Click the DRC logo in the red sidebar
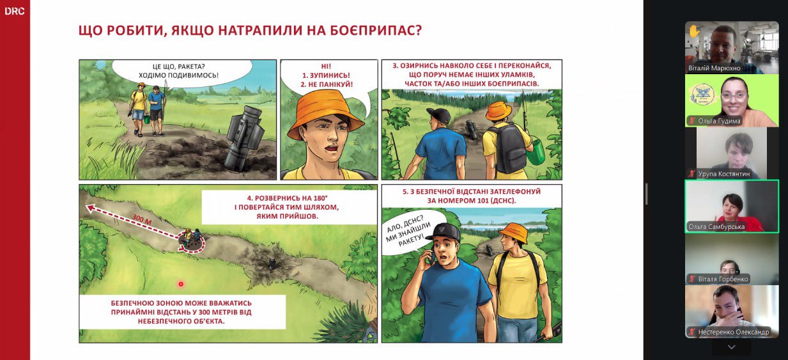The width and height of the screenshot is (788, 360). point(15,11)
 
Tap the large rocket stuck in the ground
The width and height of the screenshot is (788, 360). point(245,138)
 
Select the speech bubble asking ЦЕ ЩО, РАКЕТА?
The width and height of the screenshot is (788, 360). point(182,72)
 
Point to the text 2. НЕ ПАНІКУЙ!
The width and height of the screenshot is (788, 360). point(327,84)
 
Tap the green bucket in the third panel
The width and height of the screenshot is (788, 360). point(536,152)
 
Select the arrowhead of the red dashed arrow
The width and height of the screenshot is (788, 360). point(90,208)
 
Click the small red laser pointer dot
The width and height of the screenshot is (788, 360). point(181,284)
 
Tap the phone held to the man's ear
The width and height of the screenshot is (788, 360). point(431,254)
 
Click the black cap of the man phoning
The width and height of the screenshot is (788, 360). point(444,231)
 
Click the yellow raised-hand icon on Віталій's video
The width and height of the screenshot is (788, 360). point(694,31)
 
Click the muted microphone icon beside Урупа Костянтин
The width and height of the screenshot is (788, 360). point(691,173)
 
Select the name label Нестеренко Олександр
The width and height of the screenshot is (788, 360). point(734,332)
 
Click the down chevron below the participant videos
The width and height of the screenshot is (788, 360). point(731,347)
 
